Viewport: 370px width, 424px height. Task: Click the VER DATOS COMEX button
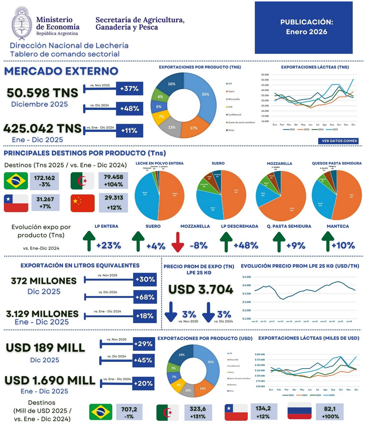(x=339, y=141)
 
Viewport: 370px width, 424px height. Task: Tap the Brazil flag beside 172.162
(x=16, y=181)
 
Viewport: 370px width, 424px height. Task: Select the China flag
(x=82, y=203)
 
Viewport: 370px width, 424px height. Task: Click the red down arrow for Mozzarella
(x=178, y=242)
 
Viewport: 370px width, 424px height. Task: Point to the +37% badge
(x=129, y=89)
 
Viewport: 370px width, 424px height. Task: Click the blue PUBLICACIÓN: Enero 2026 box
(x=304, y=27)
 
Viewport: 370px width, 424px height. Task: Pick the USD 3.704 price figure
(x=201, y=289)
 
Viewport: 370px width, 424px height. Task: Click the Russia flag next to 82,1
(x=299, y=411)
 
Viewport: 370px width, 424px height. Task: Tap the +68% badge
(x=145, y=297)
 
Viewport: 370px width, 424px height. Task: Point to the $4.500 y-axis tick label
(x=247, y=277)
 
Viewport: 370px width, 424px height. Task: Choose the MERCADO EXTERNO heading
(x=61, y=71)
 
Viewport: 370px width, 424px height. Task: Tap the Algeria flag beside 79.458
(x=82, y=181)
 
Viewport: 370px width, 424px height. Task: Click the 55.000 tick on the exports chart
(x=265, y=75)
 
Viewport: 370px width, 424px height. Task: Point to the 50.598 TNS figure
(x=42, y=93)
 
